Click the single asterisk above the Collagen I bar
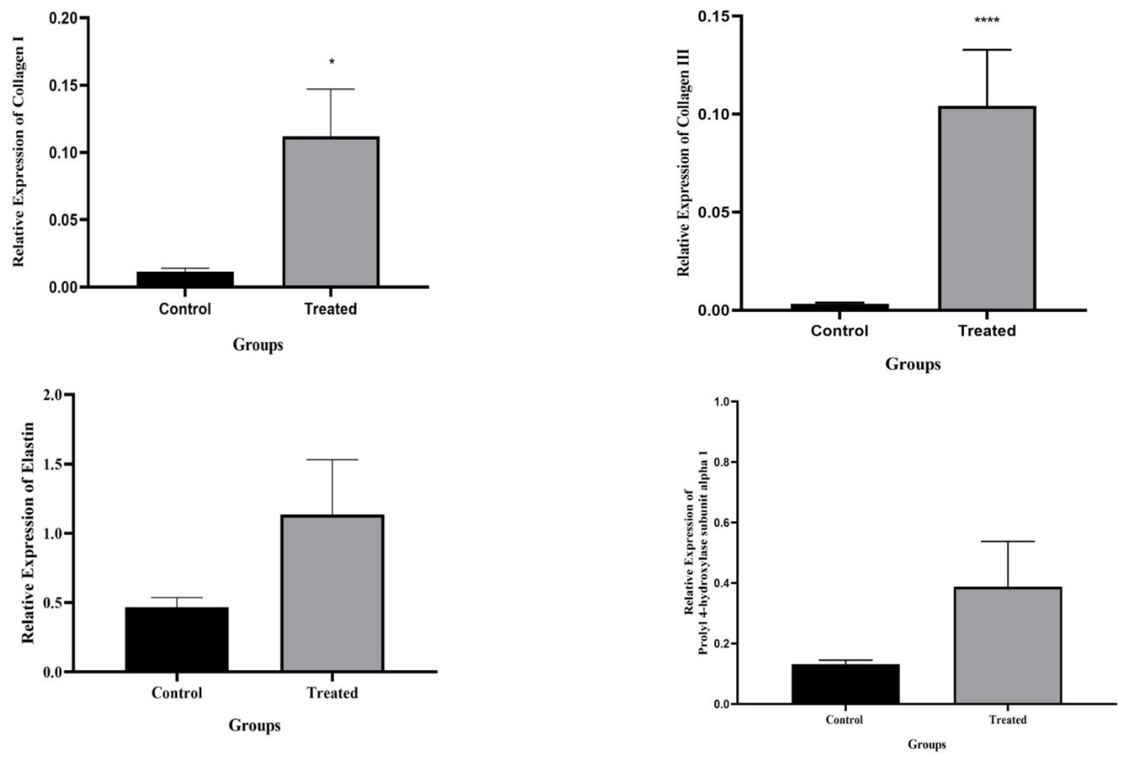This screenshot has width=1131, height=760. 332,62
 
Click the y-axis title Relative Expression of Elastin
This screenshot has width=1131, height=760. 29,533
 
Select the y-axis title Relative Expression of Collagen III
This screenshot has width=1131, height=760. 683,162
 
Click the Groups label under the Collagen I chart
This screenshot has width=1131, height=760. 258,345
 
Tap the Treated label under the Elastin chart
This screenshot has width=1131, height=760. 332,693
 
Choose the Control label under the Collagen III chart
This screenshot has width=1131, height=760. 839,331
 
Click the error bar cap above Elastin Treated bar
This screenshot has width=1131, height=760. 332,460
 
